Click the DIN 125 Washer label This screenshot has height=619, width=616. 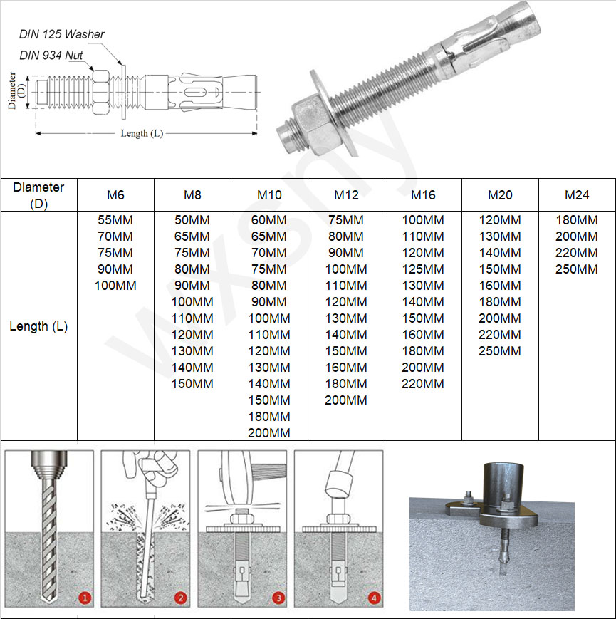62,34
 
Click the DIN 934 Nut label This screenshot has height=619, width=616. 52,55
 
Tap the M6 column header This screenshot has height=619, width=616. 115,195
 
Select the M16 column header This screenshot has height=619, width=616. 423,195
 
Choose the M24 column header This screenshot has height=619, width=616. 577,195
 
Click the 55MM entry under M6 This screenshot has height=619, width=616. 115,220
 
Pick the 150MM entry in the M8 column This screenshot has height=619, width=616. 192,384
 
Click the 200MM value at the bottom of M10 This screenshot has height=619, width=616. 269,433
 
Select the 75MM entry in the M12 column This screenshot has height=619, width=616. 346,220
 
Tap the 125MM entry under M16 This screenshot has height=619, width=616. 423,269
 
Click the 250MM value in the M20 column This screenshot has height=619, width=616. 500,351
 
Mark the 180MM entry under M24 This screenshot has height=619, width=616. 577,220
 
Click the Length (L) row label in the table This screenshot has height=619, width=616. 38,326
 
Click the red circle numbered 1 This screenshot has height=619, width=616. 84,598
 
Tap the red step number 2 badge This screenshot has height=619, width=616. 180,598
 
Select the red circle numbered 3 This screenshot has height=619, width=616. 276,598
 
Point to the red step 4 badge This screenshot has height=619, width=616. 372,598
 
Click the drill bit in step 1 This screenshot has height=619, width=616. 48,541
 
